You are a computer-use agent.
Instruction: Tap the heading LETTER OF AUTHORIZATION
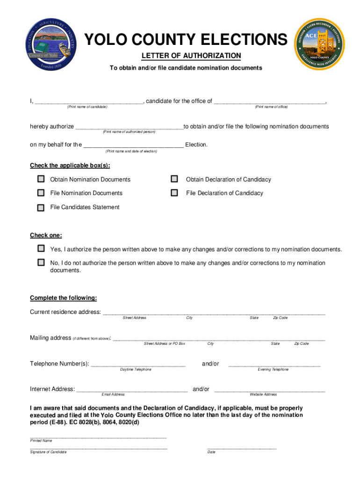coord(191,56)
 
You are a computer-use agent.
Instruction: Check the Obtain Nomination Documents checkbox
coord(41,179)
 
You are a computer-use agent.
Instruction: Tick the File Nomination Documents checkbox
coord(41,193)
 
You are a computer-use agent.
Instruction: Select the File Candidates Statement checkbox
coord(41,207)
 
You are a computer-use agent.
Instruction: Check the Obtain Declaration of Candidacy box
coord(174,179)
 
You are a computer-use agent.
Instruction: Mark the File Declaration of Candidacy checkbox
coord(174,193)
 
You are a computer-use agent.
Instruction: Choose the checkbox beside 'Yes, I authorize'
coord(41,248)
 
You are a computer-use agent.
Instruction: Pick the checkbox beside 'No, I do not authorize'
coord(41,262)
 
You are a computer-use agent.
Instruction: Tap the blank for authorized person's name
coord(129,127)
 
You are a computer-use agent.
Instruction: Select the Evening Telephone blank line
coord(274,364)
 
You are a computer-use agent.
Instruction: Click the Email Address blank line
coord(132,390)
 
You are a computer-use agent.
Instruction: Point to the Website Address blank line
coord(269,390)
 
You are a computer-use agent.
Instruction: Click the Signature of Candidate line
coord(99,448)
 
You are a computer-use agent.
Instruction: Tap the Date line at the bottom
coord(242,448)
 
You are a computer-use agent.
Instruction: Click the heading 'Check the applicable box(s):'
coord(70,166)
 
